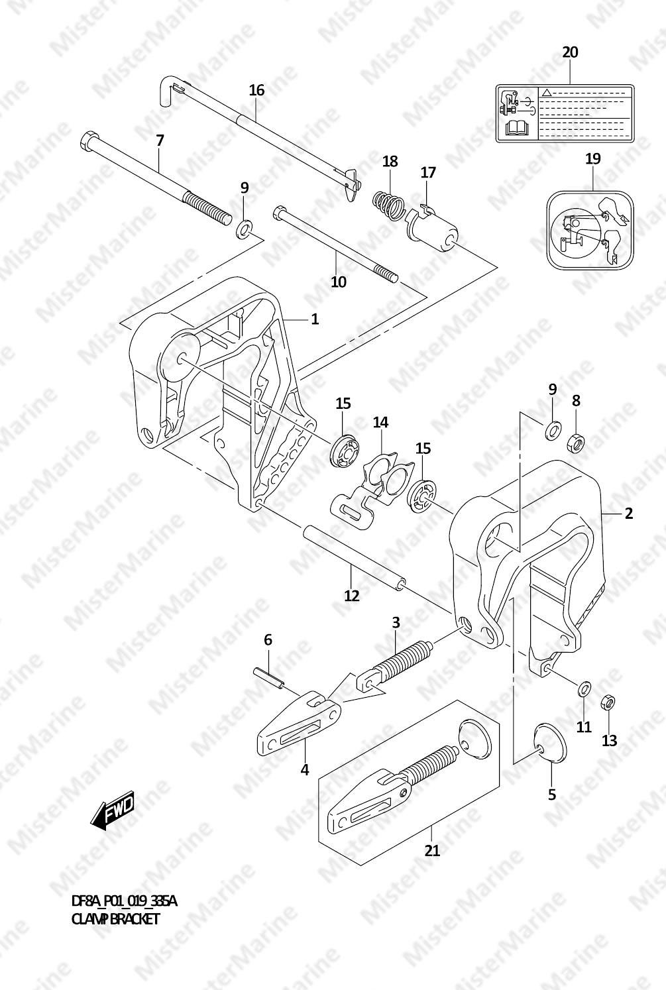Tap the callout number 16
click(x=256, y=90)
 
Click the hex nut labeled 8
click(x=576, y=441)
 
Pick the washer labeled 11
click(x=584, y=688)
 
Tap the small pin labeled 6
click(x=269, y=679)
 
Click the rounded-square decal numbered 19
click(x=588, y=229)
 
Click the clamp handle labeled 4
click(x=298, y=726)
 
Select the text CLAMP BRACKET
click(x=115, y=919)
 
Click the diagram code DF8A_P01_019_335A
click(x=124, y=901)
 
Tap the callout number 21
click(x=432, y=850)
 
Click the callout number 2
click(x=628, y=512)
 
